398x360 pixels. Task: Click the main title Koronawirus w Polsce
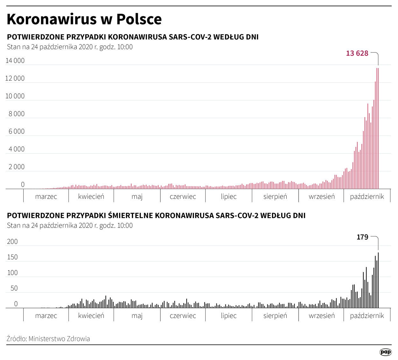[x=84, y=19]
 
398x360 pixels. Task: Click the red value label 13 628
[x=357, y=53]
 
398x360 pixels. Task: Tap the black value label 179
[x=362, y=237]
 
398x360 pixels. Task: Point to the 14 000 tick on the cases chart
[x=15, y=61]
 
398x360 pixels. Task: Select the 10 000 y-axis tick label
[x=15, y=96]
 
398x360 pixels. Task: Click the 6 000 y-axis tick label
[x=17, y=131]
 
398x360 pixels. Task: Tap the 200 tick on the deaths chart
[x=12, y=242]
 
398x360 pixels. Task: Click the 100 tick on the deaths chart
[x=12, y=273]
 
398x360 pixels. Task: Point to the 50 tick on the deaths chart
[x=14, y=288]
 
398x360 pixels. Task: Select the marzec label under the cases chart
[x=46, y=197]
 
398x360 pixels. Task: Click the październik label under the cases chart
[x=367, y=197]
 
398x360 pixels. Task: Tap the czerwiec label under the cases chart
[x=183, y=197]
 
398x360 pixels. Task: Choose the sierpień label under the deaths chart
[x=275, y=316]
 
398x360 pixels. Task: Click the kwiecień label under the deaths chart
[x=91, y=316]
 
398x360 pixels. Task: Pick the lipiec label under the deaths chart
[x=229, y=316]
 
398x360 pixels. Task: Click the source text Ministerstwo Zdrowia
[x=59, y=339]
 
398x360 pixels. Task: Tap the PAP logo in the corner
[x=385, y=352]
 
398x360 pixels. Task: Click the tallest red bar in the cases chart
[x=378, y=127]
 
